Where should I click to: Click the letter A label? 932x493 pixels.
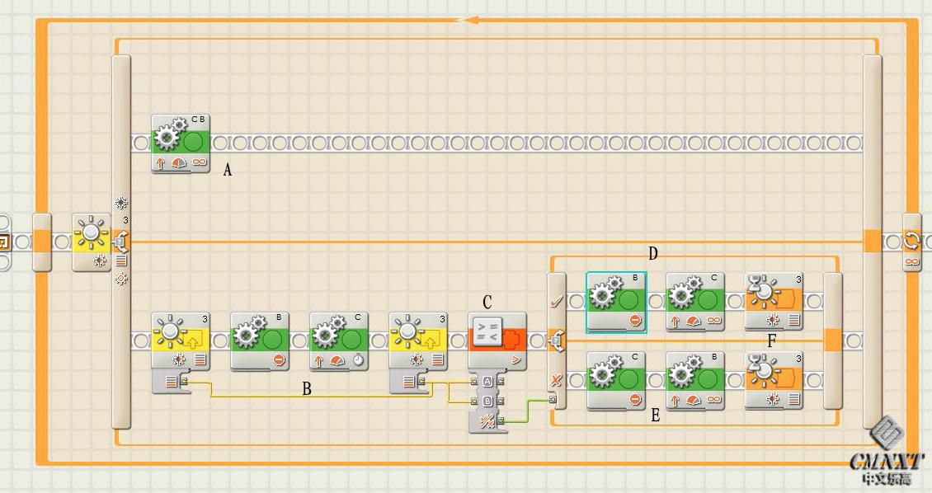(x=228, y=170)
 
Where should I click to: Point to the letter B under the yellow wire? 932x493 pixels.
(x=307, y=389)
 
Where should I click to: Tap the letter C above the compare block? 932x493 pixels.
(x=487, y=303)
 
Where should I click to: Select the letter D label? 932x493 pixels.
(x=652, y=253)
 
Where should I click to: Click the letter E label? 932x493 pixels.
(x=656, y=416)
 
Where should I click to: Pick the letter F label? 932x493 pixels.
(x=772, y=340)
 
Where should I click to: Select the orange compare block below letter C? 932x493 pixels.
(x=497, y=340)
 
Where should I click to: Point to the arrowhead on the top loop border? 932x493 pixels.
(x=470, y=20)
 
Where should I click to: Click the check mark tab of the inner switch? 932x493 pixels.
(x=557, y=302)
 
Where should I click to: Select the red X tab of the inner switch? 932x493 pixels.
(x=557, y=379)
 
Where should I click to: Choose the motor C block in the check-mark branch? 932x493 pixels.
(x=695, y=302)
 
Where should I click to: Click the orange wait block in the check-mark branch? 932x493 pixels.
(x=774, y=302)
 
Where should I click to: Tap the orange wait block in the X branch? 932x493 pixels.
(x=774, y=379)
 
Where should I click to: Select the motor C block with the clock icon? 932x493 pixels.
(x=339, y=340)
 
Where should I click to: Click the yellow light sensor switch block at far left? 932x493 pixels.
(x=92, y=242)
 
